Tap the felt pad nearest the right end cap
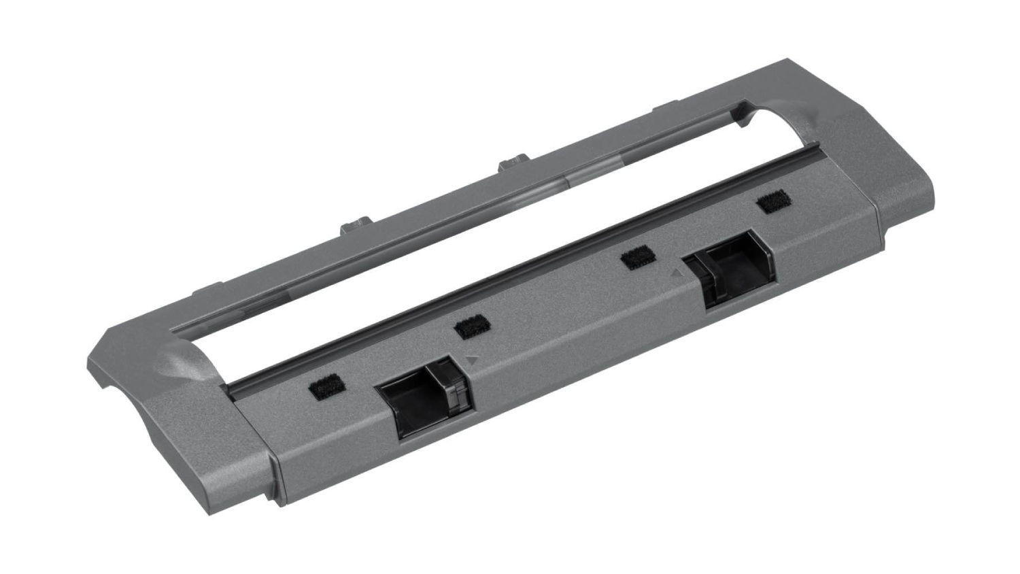tap(770, 202)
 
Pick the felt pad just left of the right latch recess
tap(636, 256)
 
